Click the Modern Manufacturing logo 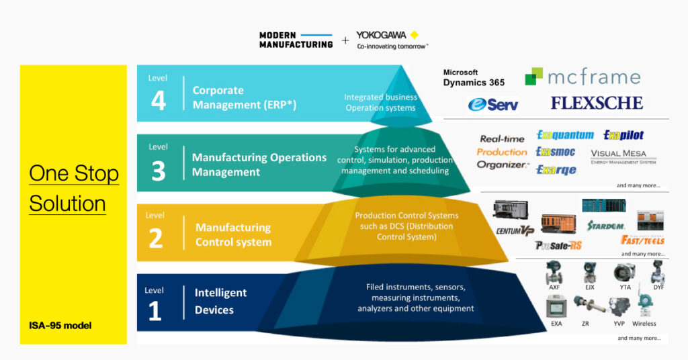point(296,40)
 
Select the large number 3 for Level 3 point(158,171)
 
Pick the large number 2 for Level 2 point(155,238)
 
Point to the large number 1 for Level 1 point(154,310)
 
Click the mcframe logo point(583,77)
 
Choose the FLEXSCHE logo point(597,103)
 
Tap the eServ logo point(493,105)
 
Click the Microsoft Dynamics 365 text point(474,78)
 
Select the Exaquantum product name point(565,135)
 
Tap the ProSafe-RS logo point(558,245)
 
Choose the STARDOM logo point(605,224)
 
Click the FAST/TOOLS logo point(642,240)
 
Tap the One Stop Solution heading point(73,188)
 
